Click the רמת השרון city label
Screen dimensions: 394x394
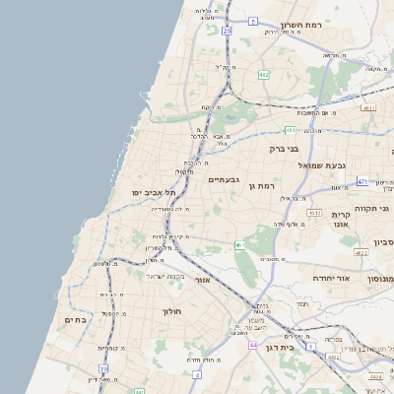click(x=301, y=25)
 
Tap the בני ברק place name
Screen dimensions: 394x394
click(x=284, y=149)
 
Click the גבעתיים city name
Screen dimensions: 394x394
click(x=224, y=179)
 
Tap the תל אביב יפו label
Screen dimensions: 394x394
click(x=153, y=193)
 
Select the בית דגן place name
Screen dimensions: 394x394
click(x=281, y=348)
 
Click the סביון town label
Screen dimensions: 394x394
click(x=383, y=241)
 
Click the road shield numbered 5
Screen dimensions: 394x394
click(x=253, y=21)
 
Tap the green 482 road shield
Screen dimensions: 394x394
click(x=263, y=74)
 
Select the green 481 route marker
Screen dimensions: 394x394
click(x=291, y=129)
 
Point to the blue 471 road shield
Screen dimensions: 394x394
click(x=361, y=181)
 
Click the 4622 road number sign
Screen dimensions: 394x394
click(x=361, y=253)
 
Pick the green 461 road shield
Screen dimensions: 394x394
click(x=239, y=244)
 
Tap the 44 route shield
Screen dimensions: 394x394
click(x=253, y=345)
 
